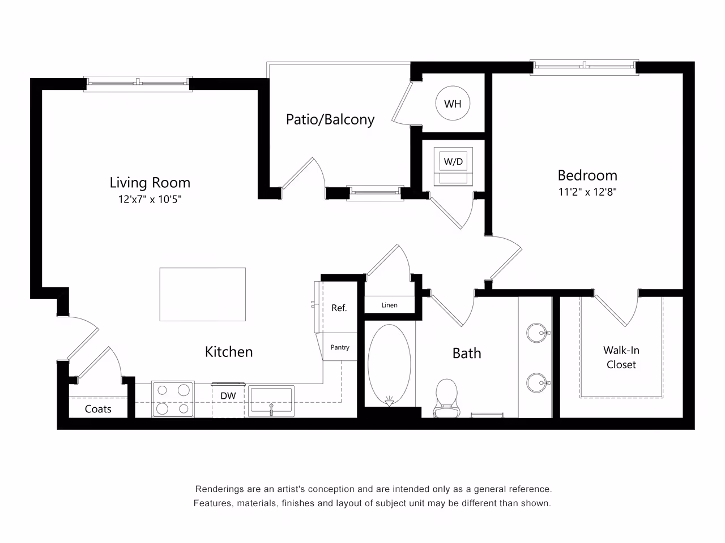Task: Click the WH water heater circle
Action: pyautogui.click(x=453, y=104)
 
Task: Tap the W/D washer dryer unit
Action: pyautogui.click(x=453, y=165)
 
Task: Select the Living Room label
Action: pyautogui.click(x=150, y=183)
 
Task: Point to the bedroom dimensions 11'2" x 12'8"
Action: pyautogui.click(x=587, y=192)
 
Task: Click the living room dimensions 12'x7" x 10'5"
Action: pyautogui.click(x=150, y=200)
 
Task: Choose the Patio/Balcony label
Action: pyautogui.click(x=330, y=119)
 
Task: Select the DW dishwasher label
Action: pyautogui.click(x=228, y=396)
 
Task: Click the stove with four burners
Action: pyautogui.click(x=173, y=399)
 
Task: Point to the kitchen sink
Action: pyautogui.click(x=271, y=400)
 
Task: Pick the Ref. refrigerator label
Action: pyautogui.click(x=339, y=308)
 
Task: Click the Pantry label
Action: pyautogui.click(x=340, y=347)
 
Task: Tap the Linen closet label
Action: pyautogui.click(x=390, y=305)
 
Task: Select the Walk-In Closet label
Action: pyautogui.click(x=621, y=357)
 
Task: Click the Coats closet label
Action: pyautogui.click(x=98, y=409)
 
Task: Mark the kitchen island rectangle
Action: pyautogui.click(x=202, y=294)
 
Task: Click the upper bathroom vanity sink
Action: pyautogui.click(x=536, y=333)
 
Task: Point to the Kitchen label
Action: pyautogui.click(x=229, y=352)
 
